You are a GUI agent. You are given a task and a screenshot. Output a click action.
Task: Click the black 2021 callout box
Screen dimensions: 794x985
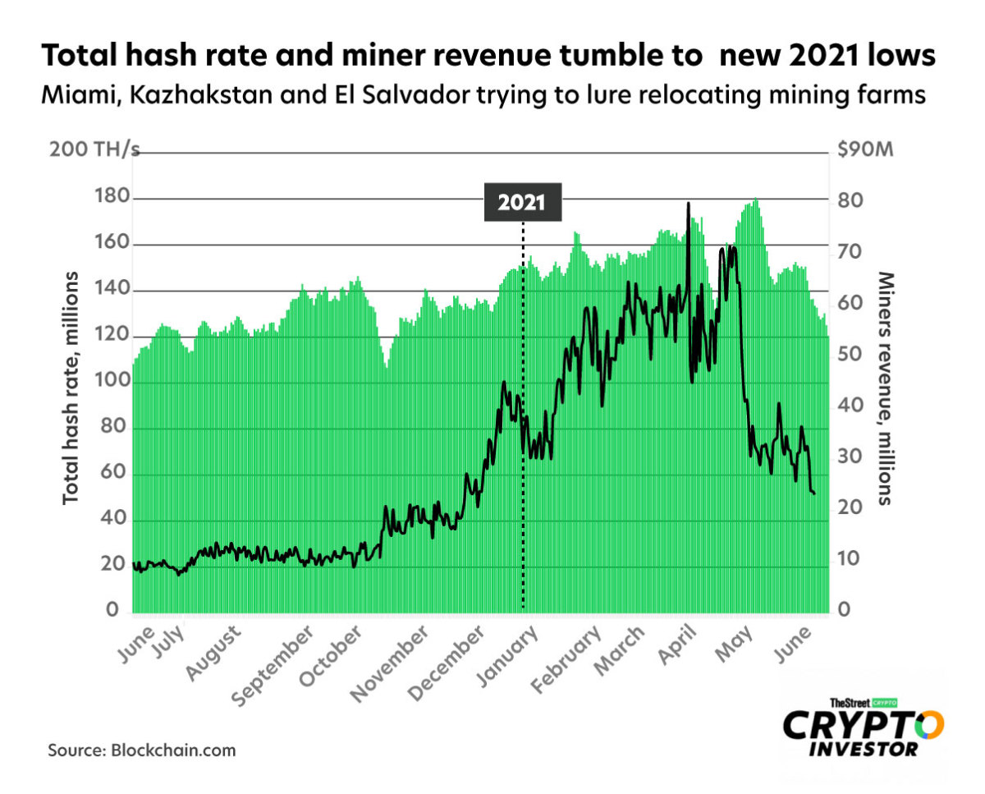click(x=522, y=203)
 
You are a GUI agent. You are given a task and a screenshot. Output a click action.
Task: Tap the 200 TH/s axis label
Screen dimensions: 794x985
click(x=94, y=151)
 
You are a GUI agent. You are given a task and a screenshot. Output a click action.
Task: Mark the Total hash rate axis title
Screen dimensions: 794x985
click(x=71, y=386)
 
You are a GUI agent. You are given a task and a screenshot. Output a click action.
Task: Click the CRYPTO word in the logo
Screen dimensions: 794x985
click(x=863, y=726)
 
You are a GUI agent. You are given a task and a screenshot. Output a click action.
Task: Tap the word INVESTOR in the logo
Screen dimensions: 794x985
click(x=864, y=750)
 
